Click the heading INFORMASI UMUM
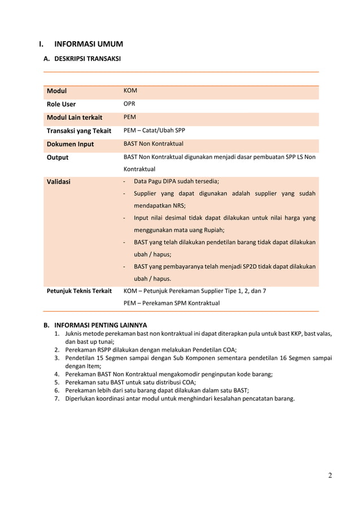(x=88, y=44)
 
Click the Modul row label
(x=56, y=91)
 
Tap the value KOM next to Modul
(x=130, y=90)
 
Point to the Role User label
(x=61, y=104)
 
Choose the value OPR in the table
(x=129, y=104)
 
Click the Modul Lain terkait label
(x=74, y=117)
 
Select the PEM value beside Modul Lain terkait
(x=129, y=117)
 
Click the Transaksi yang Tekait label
(x=78, y=131)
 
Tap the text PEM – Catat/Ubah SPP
(x=154, y=130)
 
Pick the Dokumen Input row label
(x=70, y=144)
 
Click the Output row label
(x=57, y=157)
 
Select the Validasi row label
(x=59, y=182)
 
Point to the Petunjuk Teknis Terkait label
(x=79, y=291)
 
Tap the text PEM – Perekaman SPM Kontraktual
(x=172, y=303)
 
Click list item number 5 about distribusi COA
(x=130, y=382)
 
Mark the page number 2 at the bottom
(x=330, y=475)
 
